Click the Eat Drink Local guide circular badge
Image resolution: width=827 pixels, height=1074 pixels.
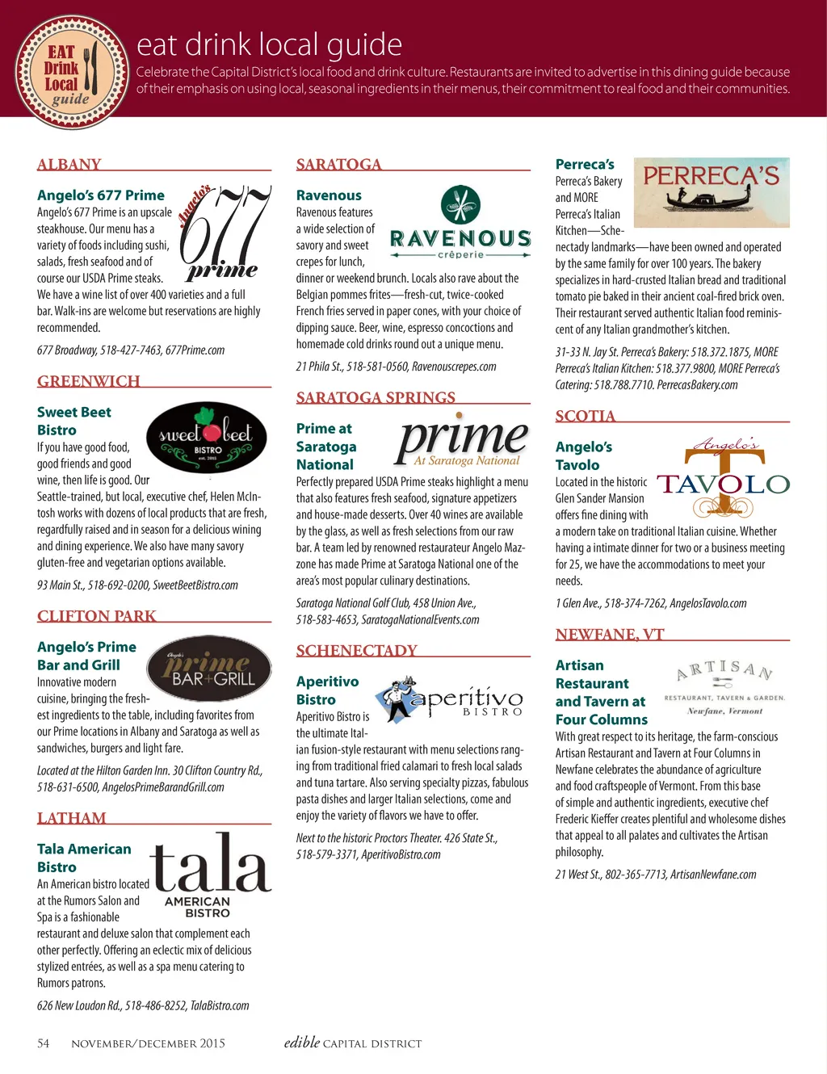pos(72,73)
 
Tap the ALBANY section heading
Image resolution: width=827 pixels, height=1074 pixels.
pos(69,165)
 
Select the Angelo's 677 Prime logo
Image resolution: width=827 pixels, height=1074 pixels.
pos(225,233)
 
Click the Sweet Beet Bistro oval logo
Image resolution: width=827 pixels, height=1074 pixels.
pos(206,437)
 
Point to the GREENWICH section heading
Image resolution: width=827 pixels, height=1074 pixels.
pos(89,381)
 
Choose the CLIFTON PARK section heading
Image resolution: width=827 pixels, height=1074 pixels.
pos(97,616)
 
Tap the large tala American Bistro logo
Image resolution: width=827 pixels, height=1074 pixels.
pos(210,875)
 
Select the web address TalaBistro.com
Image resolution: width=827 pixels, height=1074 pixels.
pos(220,1005)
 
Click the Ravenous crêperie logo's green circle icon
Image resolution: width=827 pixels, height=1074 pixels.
pos(460,205)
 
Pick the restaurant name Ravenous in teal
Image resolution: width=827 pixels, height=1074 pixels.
pos(329,195)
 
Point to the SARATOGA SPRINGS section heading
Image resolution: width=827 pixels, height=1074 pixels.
pos(376,397)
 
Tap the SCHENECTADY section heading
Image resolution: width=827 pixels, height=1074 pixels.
pos(356,651)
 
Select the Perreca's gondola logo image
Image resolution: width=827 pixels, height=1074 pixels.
pos(712,192)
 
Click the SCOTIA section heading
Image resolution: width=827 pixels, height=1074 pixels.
pos(586,416)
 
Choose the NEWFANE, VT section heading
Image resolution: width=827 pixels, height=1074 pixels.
pos(610,635)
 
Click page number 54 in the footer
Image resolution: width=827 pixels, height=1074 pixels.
pos(44,1043)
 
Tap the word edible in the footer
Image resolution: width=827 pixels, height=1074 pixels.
pos(302,1043)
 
